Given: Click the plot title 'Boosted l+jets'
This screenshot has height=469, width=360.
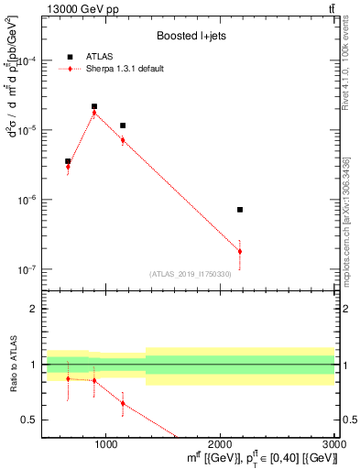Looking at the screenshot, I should [x=189, y=37].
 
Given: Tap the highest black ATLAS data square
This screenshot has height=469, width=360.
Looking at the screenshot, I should [x=94, y=106].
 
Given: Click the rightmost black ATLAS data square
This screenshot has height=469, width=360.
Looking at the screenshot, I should [x=239, y=210].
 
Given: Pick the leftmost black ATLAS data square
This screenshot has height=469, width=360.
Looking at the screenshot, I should [x=68, y=161].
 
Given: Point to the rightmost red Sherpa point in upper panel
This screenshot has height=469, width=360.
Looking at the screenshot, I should [x=239, y=251].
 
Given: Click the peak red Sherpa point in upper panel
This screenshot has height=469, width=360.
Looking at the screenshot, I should [x=94, y=113].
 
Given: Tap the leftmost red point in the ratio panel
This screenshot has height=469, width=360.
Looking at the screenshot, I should [x=68, y=378].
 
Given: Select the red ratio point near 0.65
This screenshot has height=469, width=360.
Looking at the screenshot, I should [x=123, y=403].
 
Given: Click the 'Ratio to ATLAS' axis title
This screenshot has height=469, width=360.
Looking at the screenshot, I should [x=13, y=365].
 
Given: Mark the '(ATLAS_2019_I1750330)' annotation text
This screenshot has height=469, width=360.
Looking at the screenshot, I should [x=190, y=274].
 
